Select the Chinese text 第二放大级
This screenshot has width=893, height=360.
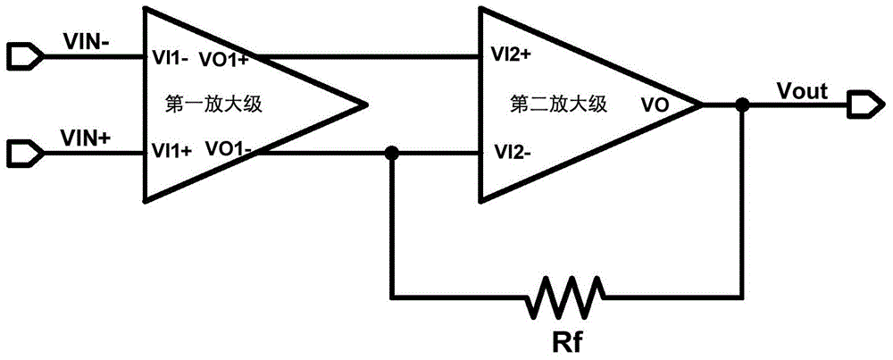558,104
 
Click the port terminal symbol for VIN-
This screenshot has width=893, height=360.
22,57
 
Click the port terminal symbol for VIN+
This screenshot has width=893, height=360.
22,153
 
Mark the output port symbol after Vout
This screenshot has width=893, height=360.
862,105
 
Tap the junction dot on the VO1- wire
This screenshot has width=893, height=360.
390,154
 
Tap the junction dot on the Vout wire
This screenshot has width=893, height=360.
740,105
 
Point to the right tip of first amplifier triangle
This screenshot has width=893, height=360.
367,105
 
